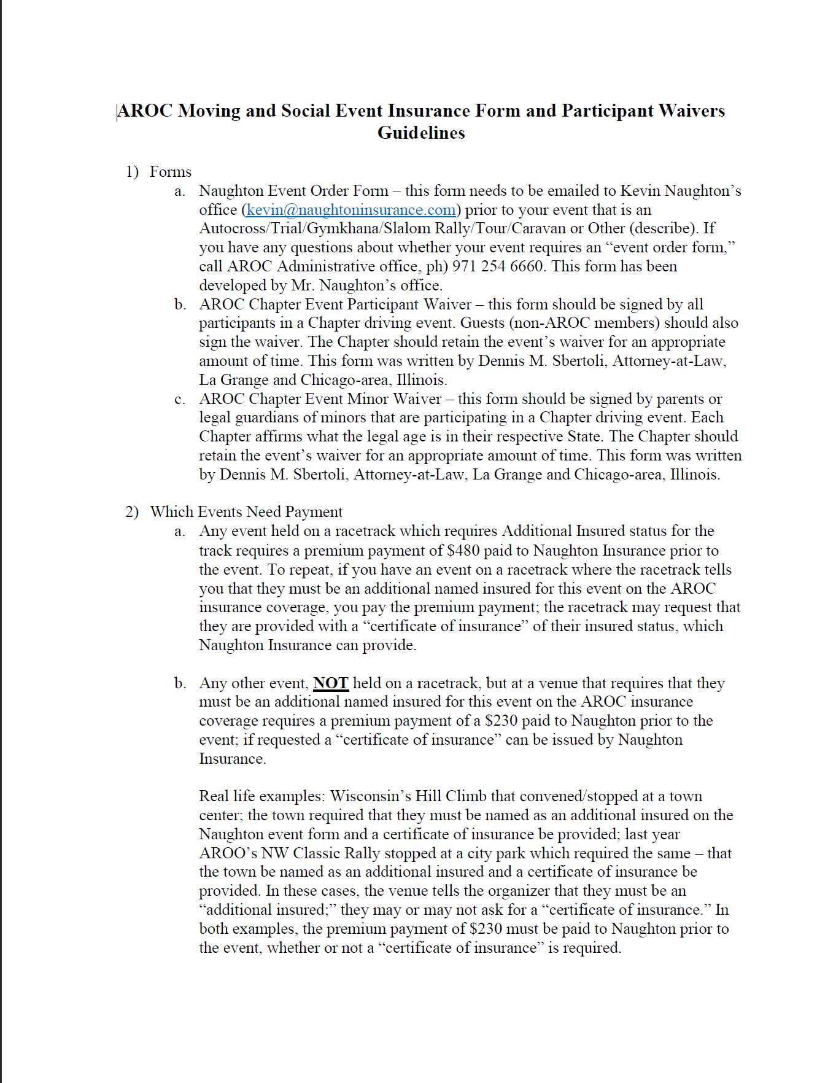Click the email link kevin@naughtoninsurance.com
pos(351,210)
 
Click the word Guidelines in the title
pos(421,133)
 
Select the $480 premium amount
pos(463,550)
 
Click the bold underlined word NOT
pos(331,683)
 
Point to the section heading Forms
pos(171,172)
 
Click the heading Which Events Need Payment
pos(246,512)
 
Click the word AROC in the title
pos(145,111)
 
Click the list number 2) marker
pos(132,512)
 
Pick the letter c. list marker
pos(180,399)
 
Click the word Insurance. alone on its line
pos(233,759)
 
